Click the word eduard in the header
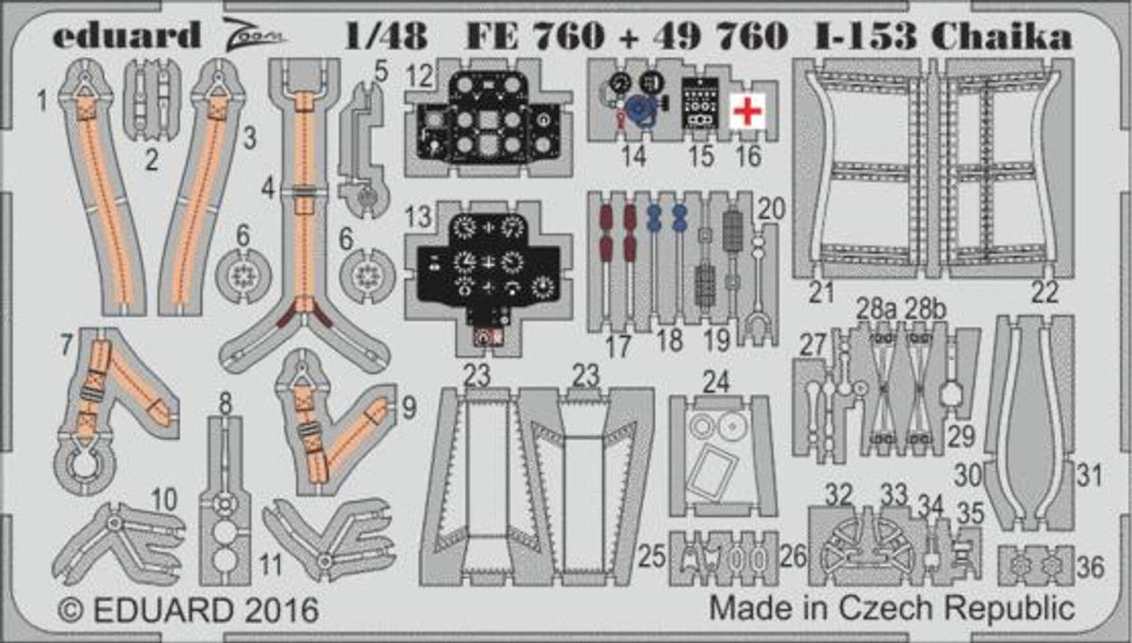(x=126, y=35)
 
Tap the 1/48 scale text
(x=386, y=35)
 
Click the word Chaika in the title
(x=1001, y=35)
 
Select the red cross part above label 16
(x=748, y=111)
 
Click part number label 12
(x=419, y=75)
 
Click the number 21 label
(x=821, y=292)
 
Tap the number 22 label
(x=1044, y=292)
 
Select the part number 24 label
(x=716, y=382)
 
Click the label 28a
(x=876, y=309)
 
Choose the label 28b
(x=925, y=309)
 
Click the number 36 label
(x=1090, y=567)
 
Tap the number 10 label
(x=163, y=500)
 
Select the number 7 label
(x=67, y=345)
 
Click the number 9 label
(x=409, y=407)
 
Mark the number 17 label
(x=618, y=346)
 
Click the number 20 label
(x=771, y=209)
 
